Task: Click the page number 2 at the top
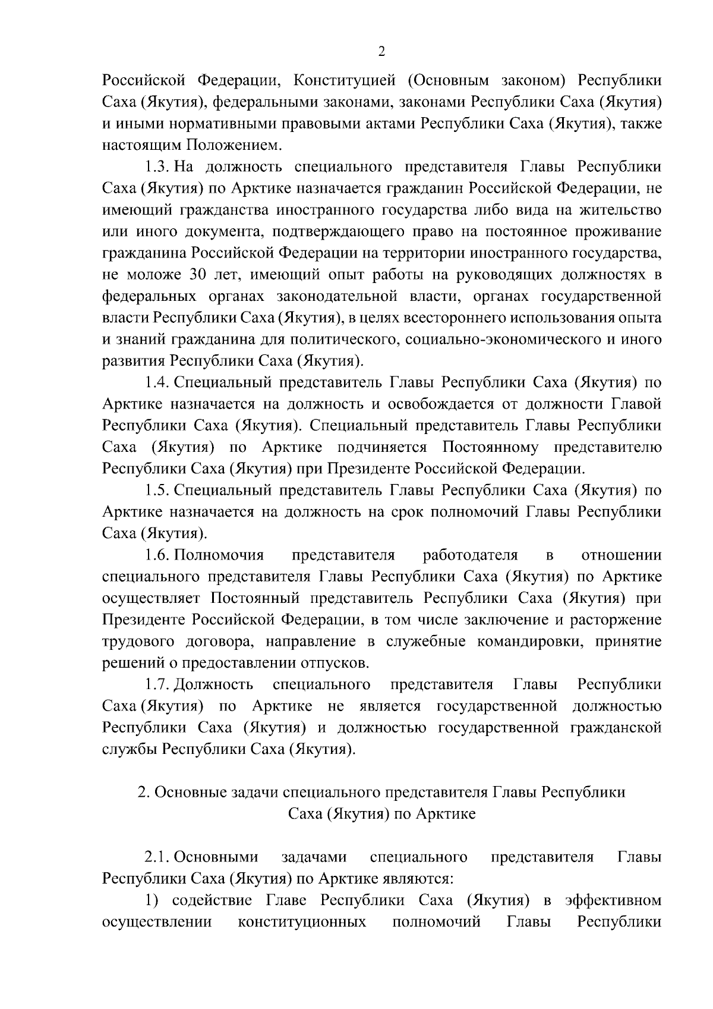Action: (x=381, y=52)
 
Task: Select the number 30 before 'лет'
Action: (x=198, y=275)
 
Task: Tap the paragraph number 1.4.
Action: (x=158, y=382)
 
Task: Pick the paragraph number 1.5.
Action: (x=158, y=491)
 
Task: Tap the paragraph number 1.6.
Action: (x=158, y=555)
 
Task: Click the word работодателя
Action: (x=471, y=555)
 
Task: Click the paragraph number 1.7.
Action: (x=158, y=685)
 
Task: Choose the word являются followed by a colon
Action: (x=421, y=879)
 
